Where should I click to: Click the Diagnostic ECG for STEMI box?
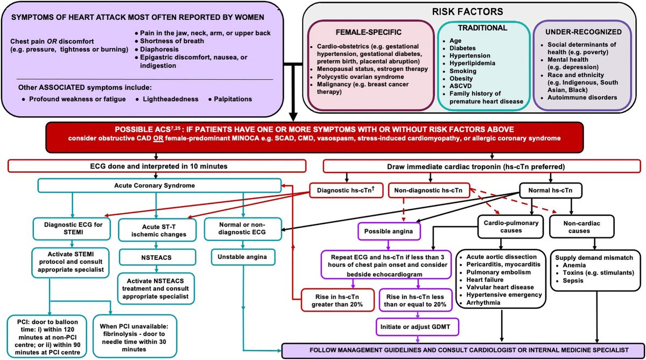pos(71,228)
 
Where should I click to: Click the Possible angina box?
pos(389,231)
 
